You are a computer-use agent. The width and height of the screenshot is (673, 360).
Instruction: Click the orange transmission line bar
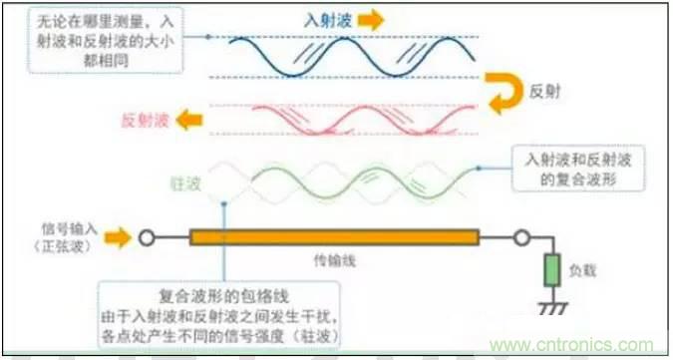click(x=335, y=239)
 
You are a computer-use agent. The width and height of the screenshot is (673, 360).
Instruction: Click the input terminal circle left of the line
click(x=147, y=239)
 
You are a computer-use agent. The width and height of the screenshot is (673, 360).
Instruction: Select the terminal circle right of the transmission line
click(x=520, y=239)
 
